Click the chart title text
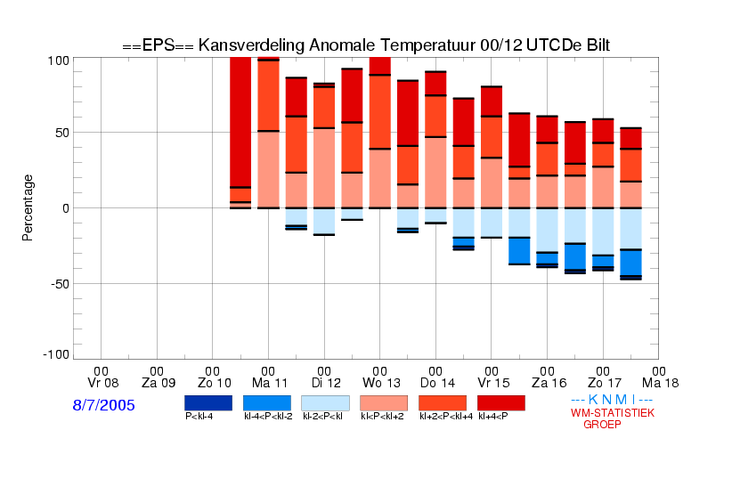(x=366, y=45)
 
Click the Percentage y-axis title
(x=28, y=207)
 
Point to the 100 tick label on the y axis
(x=59, y=61)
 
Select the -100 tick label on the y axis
(x=56, y=355)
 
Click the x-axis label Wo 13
(x=381, y=383)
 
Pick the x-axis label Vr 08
(x=103, y=383)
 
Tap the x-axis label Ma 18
(x=660, y=383)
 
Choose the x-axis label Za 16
(x=549, y=383)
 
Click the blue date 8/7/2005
(x=103, y=405)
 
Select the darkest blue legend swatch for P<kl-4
(x=208, y=403)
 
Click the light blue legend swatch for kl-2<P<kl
(x=325, y=403)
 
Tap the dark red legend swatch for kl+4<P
(x=501, y=403)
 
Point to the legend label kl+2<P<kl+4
(x=446, y=416)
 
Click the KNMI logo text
(x=612, y=400)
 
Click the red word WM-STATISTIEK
(x=613, y=413)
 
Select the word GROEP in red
(x=602, y=425)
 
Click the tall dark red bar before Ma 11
(x=240, y=122)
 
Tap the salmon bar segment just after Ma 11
(x=268, y=169)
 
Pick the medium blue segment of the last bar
(x=630, y=263)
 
